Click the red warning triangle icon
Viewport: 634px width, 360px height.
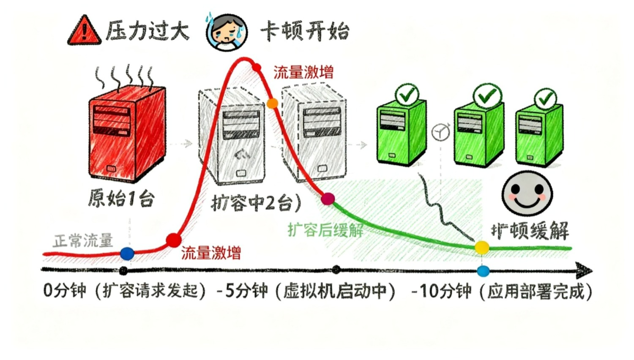click(85, 30)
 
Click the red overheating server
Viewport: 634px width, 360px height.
click(126, 133)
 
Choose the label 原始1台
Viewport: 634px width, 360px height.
click(121, 198)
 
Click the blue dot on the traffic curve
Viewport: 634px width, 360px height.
click(127, 254)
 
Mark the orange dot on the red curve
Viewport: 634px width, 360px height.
click(272, 103)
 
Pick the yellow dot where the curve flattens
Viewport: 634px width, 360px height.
click(481, 247)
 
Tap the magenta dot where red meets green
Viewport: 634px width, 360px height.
click(328, 199)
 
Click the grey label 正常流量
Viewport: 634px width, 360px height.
click(83, 241)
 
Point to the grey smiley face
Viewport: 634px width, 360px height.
click(527, 193)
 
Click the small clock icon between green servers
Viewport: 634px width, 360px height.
click(441, 132)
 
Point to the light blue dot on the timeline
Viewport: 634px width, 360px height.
click(483, 271)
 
